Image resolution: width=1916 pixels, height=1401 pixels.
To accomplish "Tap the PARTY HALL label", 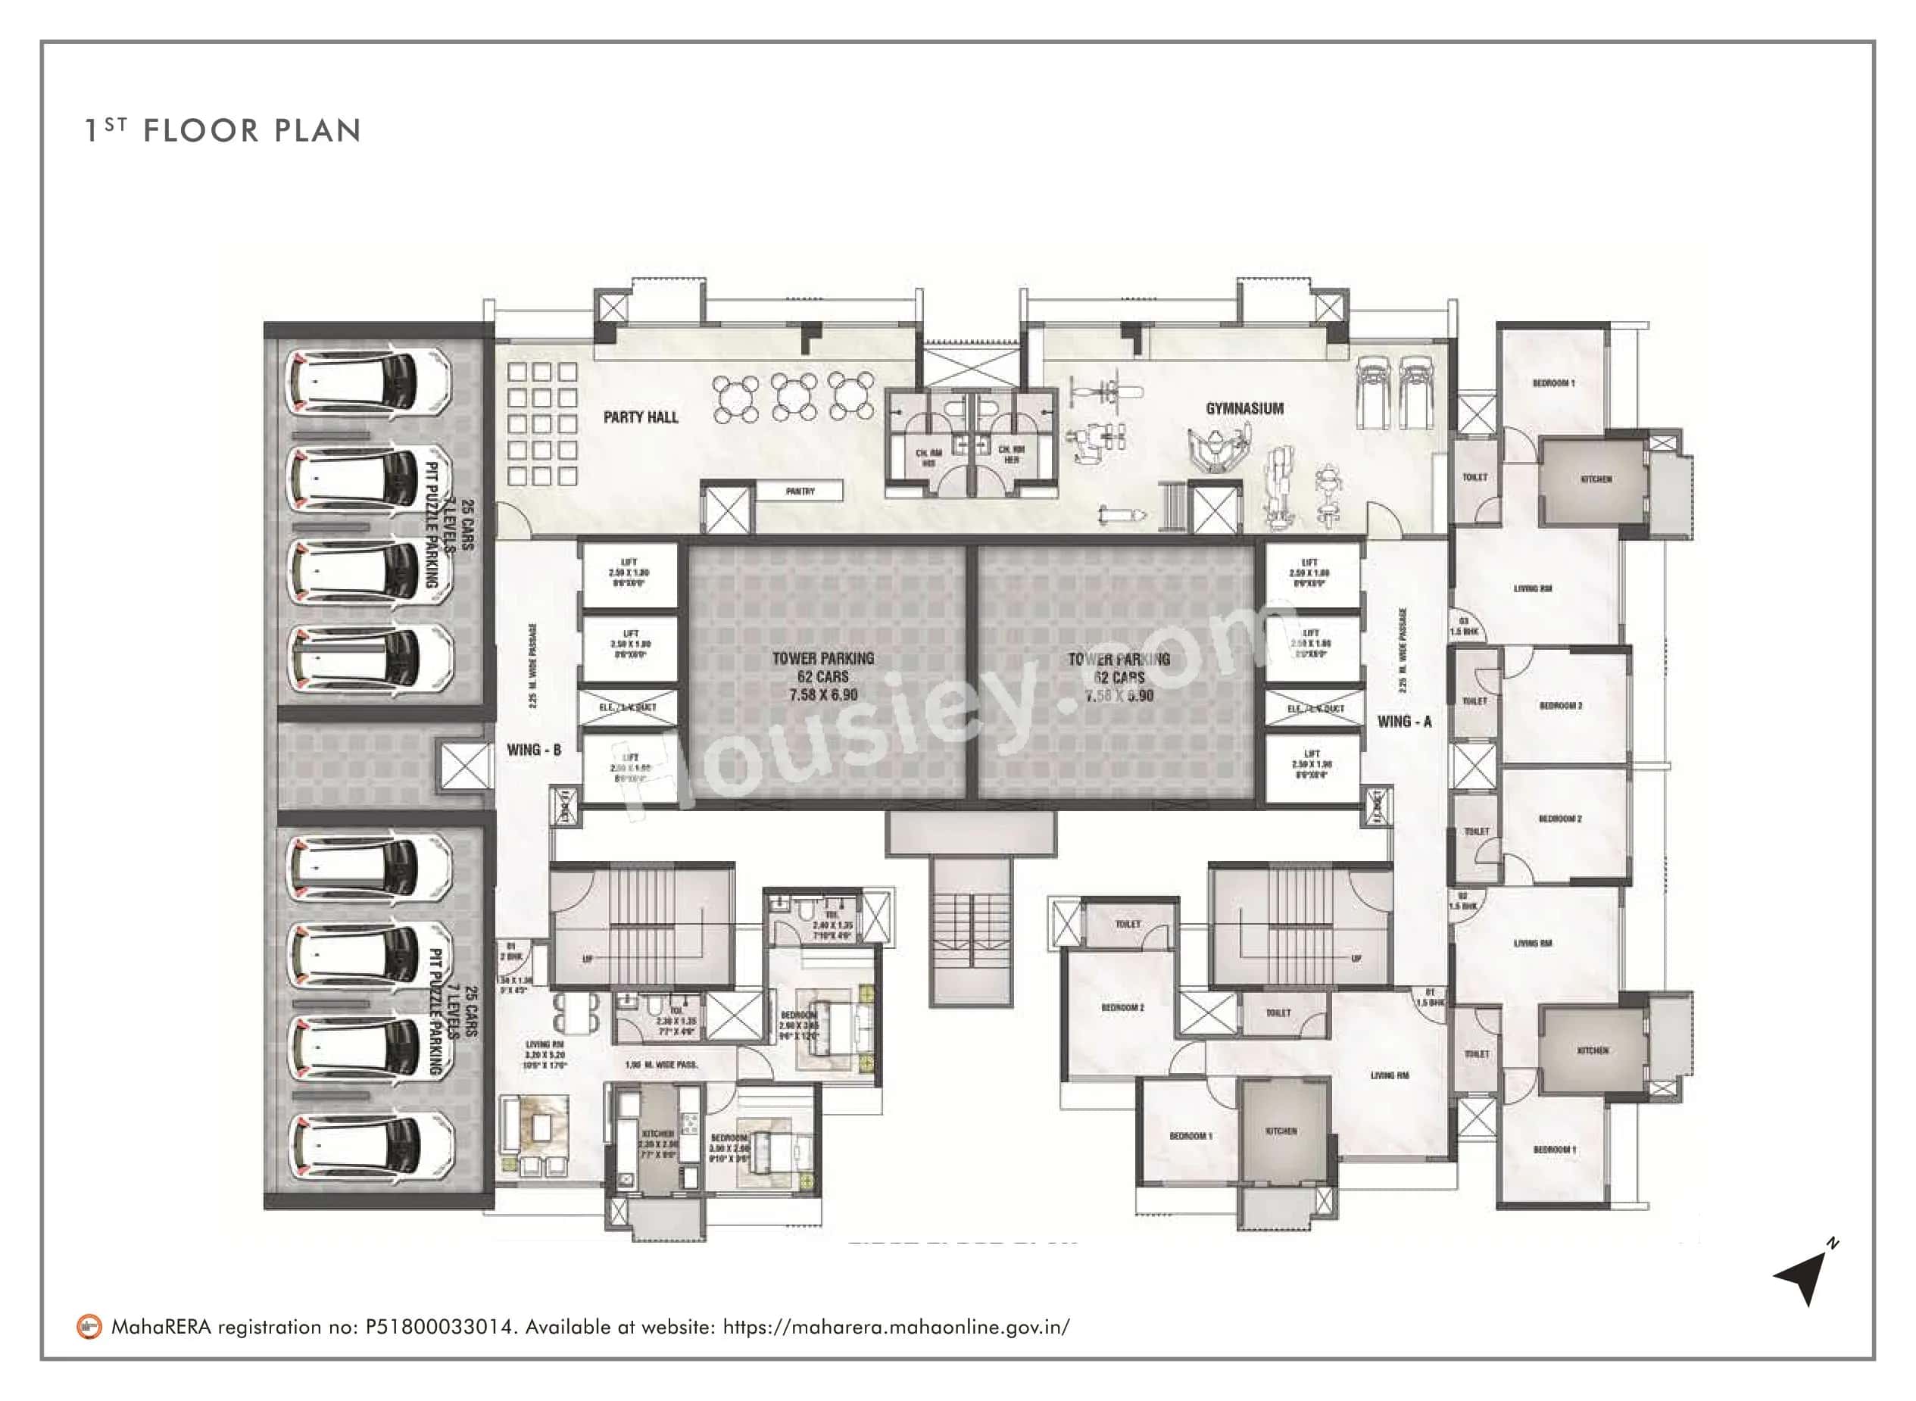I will pos(641,417).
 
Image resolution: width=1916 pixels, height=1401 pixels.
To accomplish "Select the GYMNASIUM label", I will pos(1244,409).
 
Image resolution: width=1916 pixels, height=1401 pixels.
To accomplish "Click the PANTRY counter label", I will pos(800,491).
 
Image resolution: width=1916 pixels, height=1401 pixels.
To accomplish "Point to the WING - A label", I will pos(1405,722).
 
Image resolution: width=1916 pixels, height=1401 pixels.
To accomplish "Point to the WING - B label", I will pos(533,750).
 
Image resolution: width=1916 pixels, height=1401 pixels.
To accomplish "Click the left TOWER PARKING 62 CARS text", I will pos(822,676).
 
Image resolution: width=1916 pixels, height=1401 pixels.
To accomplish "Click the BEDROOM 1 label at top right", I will pos(1553,383).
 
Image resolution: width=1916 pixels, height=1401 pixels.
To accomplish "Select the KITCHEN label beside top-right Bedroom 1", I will pos(1596,479).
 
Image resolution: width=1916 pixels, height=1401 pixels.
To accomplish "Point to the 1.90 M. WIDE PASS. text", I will pos(660,1064).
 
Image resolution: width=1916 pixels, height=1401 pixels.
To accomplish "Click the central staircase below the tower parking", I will pos(971,932).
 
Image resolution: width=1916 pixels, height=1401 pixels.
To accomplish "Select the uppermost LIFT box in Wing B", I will pos(629,573).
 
